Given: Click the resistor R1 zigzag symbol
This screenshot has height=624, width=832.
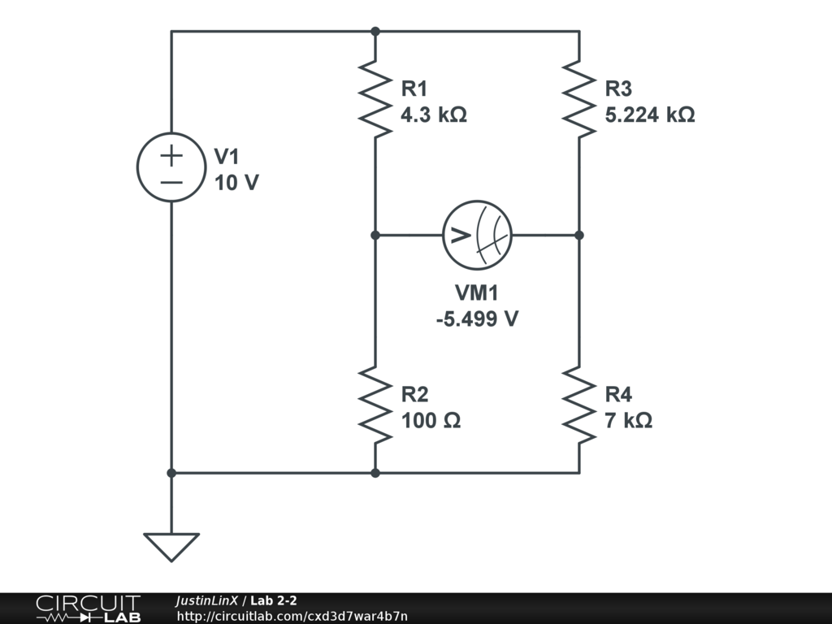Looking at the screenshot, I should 375,97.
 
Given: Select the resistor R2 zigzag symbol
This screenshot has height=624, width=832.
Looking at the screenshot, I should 375,405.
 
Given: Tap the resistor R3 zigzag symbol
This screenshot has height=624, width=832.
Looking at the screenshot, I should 578,97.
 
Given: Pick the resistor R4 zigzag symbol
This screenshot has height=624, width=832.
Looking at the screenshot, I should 578,405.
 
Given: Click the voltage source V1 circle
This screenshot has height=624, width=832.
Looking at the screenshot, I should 171,167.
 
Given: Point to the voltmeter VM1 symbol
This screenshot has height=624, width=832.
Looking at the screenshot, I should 477,235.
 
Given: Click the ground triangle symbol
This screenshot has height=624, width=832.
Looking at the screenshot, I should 171,545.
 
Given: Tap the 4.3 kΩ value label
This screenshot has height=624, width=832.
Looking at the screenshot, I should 434,115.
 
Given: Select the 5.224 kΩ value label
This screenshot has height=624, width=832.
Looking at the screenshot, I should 650,115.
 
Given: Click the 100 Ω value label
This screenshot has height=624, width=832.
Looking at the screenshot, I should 431,421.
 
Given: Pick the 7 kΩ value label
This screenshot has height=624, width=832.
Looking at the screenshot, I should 628,421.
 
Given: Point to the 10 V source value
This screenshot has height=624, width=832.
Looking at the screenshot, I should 236,183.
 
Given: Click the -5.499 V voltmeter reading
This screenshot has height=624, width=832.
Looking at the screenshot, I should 477,318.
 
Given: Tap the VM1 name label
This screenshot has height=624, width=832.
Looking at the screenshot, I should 477,293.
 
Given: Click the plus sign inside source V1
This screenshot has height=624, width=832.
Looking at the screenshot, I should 171,154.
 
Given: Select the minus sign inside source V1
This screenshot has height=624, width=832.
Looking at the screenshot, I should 171,181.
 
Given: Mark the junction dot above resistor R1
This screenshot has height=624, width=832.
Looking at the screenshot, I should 375,32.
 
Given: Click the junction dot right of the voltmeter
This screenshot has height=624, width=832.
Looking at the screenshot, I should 578,235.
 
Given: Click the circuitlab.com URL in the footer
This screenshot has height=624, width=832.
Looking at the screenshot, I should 292,616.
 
